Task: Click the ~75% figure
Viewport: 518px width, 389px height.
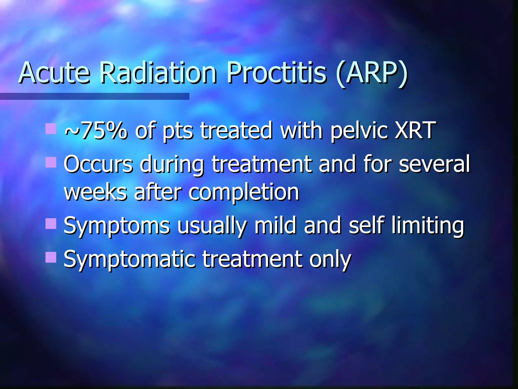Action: [x=96, y=130]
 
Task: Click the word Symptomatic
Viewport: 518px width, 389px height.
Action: [x=129, y=260]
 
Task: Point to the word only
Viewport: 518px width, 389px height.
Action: [x=330, y=260]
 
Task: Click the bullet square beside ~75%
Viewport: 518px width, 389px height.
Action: [x=51, y=129]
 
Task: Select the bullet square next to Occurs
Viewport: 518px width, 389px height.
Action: [x=51, y=162]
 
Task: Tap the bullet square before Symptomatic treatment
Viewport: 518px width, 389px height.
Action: [x=51, y=257]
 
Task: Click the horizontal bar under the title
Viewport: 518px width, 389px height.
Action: [x=95, y=96]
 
